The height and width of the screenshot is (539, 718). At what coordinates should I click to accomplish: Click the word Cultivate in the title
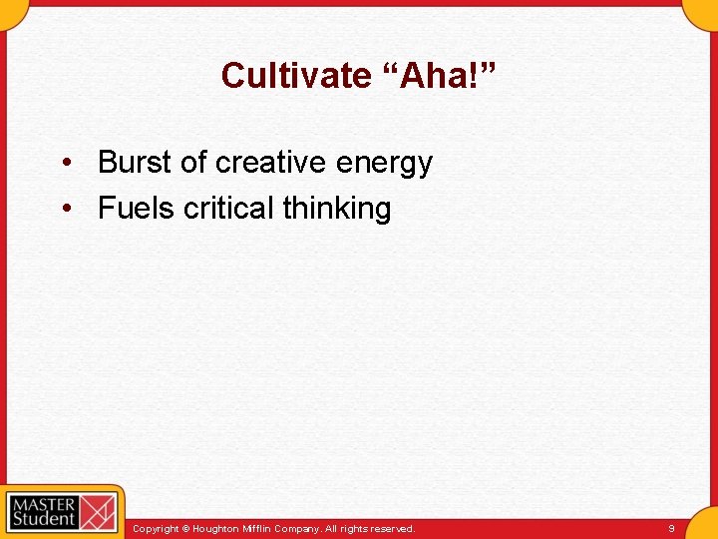[295, 76]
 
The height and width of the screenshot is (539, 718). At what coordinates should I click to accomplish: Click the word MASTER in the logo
[43, 501]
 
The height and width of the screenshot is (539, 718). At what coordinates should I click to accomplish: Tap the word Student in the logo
[43, 518]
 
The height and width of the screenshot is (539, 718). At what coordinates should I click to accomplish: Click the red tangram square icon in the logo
[98, 510]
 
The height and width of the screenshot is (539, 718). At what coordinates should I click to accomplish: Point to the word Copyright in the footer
[157, 528]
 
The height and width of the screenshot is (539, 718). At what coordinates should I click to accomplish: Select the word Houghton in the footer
[217, 528]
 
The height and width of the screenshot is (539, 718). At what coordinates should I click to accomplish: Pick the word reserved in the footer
[393, 528]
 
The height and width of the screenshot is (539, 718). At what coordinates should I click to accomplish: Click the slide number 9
[671, 528]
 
